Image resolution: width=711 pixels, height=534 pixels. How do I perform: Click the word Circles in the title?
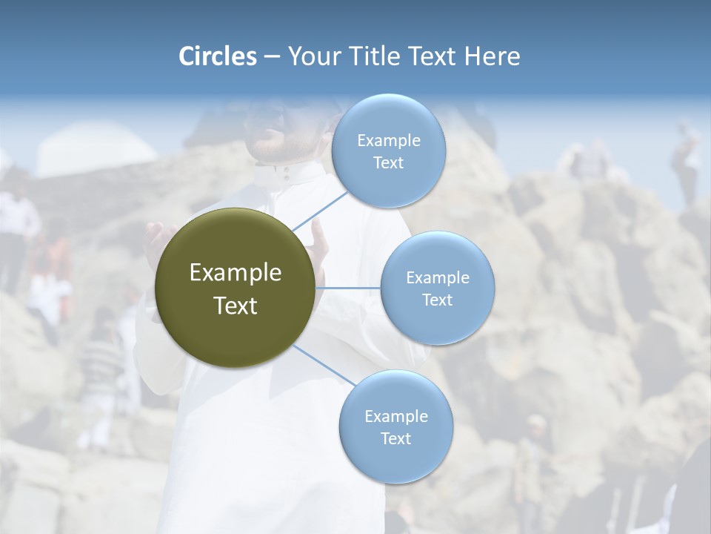click(217, 56)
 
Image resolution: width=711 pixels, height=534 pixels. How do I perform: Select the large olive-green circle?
click(236, 288)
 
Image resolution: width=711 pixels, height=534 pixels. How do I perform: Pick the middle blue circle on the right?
click(437, 288)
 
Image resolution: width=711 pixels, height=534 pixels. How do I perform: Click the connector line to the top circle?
click(320, 211)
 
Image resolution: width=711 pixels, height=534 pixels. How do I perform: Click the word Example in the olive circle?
click(236, 272)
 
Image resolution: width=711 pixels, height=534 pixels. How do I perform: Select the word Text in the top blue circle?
click(388, 163)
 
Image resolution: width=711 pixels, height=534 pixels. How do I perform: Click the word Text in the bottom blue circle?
click(395, 438)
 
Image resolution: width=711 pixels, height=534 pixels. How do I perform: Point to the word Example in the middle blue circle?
click(437, 277)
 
